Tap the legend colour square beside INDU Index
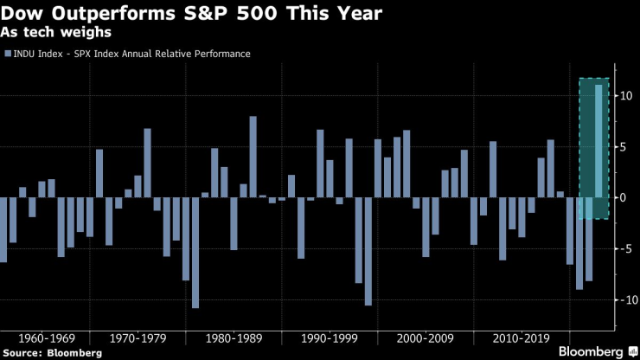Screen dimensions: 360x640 (8, 54)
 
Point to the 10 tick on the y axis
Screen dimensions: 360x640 (625, 95)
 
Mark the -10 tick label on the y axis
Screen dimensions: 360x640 (624, 299)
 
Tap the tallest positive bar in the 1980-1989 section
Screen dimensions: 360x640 (253, 157)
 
